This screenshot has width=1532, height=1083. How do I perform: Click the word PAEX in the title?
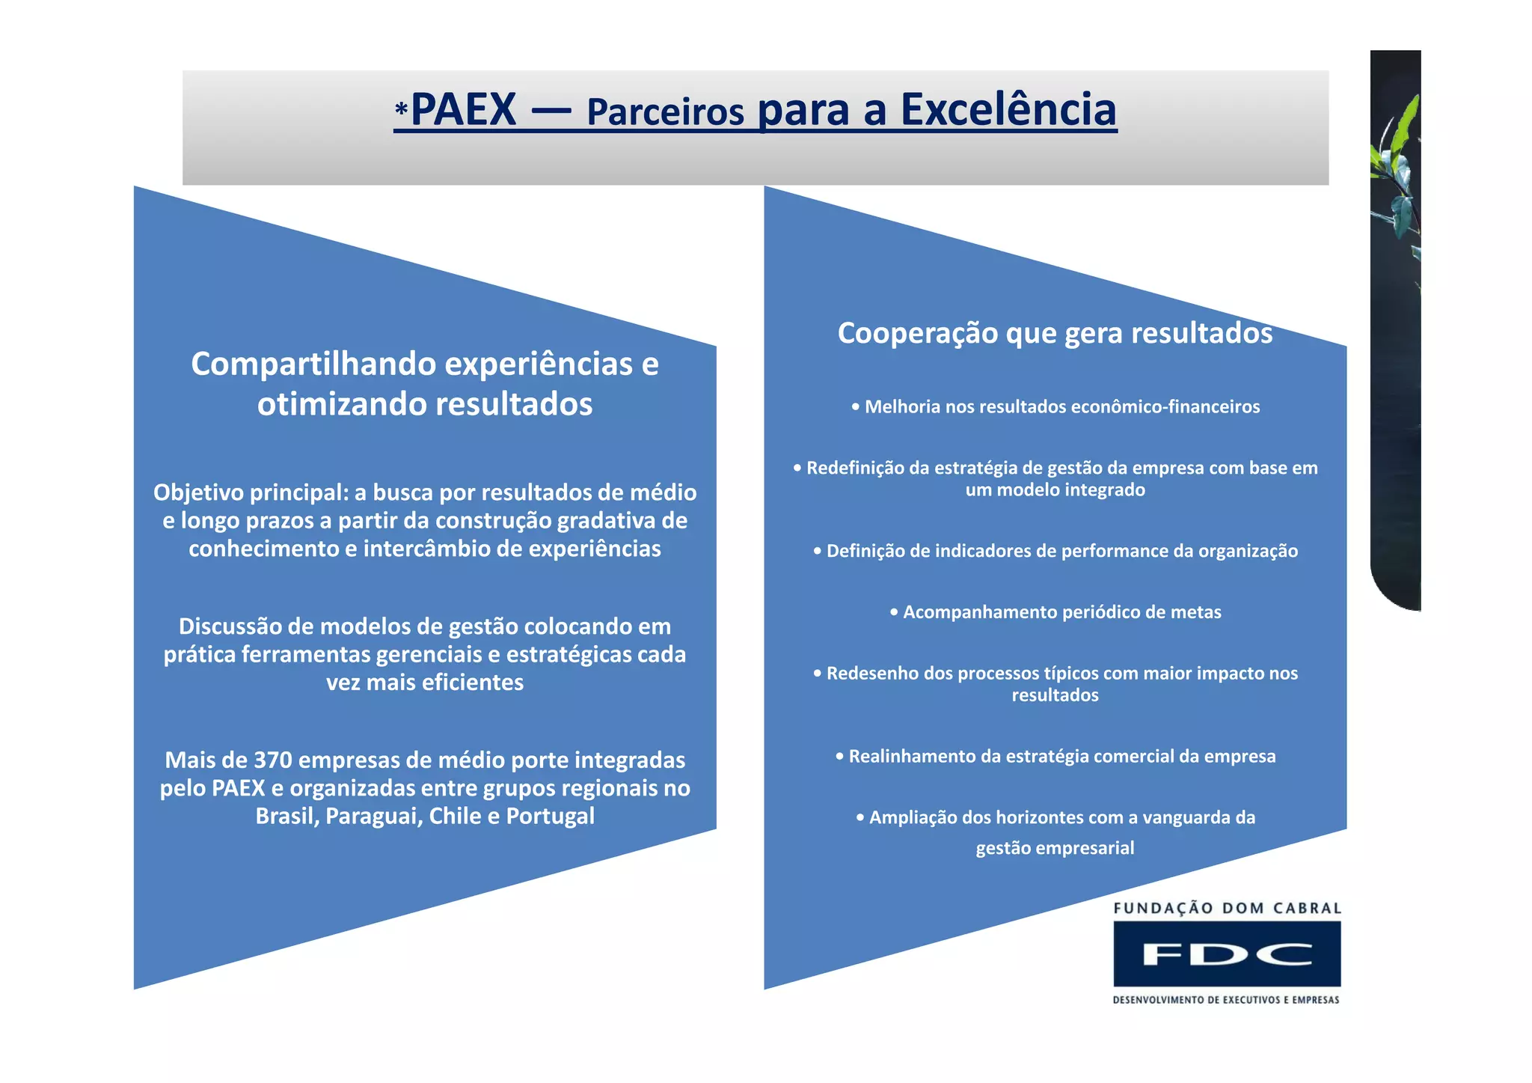(463, 110)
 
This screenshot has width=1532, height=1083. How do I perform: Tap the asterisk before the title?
(402, 112)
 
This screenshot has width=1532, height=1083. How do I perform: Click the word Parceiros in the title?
(665, 112)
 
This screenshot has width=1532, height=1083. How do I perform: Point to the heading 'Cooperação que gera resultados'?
(1055, 333)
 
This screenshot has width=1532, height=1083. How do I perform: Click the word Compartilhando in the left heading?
(313, 364)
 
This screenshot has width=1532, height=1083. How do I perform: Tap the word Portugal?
(550, 816)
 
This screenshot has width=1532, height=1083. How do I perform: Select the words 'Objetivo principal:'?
(251, 492)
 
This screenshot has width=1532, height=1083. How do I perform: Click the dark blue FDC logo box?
(1227, 954)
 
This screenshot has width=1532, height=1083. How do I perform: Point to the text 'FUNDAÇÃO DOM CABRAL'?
(1227, 909)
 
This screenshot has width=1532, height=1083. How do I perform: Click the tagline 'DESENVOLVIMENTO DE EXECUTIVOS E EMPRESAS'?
(1226, 1000)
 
